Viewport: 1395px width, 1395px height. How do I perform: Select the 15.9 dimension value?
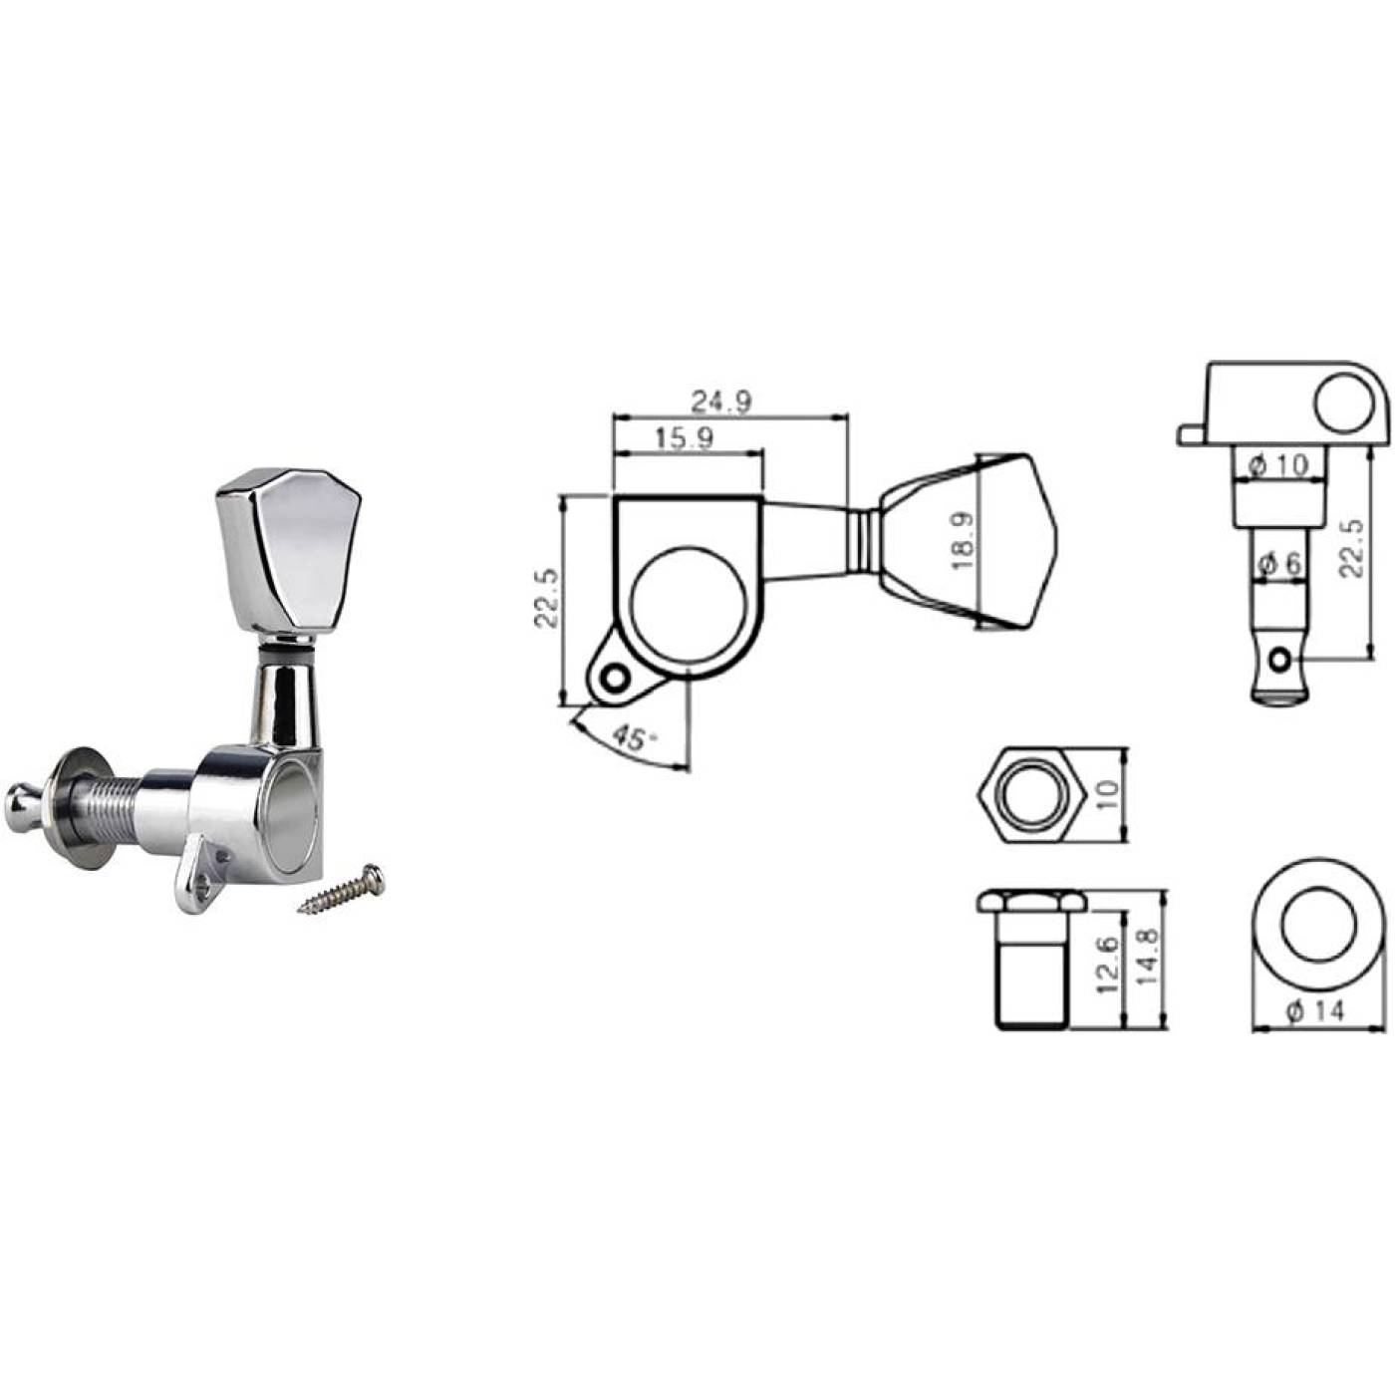point(685,437)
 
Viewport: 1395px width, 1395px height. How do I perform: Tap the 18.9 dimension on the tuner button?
point(965,542)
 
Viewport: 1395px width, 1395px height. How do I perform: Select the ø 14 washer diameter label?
point(1315,1009)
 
